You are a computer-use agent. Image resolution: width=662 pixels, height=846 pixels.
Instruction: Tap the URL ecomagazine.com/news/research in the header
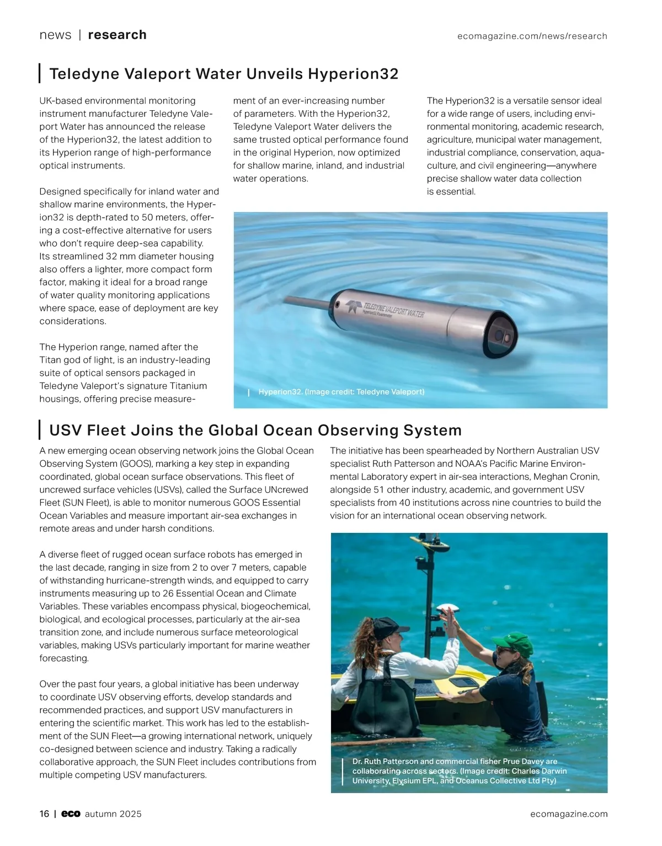point(532,36)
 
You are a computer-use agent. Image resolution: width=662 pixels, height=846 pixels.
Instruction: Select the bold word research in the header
point(117,35)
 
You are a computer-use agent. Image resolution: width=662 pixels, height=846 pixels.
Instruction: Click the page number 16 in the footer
point(44,814)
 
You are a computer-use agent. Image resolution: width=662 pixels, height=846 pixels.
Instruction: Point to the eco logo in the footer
point(71,814)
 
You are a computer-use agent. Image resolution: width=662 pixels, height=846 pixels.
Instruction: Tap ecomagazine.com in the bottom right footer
point(569,814)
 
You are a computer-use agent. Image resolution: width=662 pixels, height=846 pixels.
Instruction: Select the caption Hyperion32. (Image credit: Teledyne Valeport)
point(341,392)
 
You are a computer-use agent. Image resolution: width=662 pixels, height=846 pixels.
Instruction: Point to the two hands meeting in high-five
point(449,613)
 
